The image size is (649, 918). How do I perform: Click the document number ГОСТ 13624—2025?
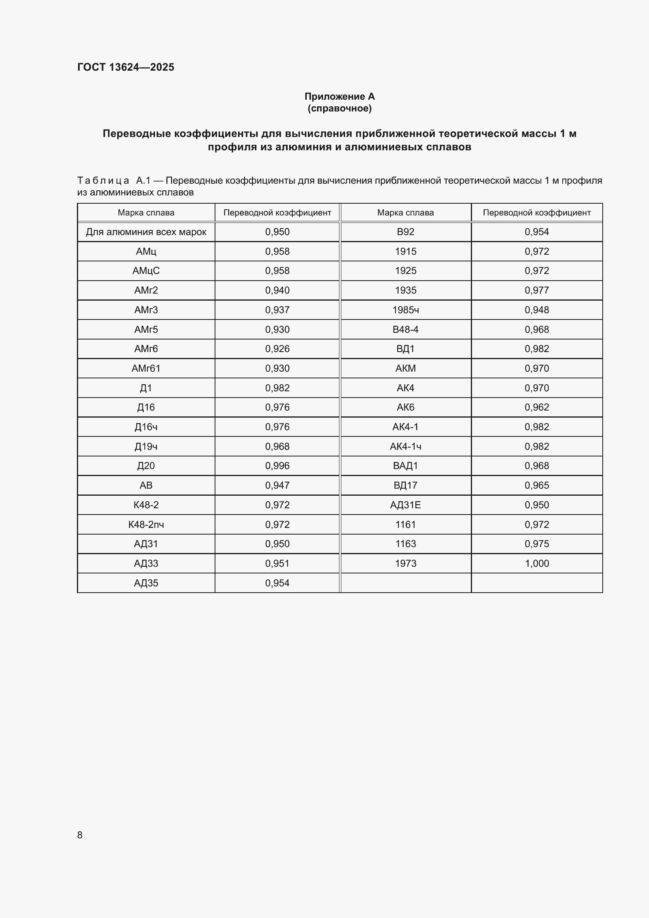pos(126,67)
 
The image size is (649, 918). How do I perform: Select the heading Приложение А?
pos(339,97)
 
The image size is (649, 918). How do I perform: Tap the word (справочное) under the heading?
pos(339,108)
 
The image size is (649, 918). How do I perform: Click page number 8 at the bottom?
pos(80,835)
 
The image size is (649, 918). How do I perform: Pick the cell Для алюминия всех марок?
pos(146,232)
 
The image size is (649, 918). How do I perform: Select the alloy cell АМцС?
pos(146,271)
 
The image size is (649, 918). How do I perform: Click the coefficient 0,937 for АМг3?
pos(277,310)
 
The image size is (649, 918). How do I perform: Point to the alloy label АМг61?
pos(146,368)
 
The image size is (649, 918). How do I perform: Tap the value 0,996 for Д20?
pos(277,466)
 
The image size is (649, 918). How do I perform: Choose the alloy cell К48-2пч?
pos(146,525)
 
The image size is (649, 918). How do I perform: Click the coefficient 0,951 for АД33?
pos(277,563)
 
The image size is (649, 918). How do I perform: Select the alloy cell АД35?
pos(146,583)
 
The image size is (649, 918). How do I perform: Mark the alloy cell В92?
pos(405,232)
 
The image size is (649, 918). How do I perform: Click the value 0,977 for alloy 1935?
pos(536,290)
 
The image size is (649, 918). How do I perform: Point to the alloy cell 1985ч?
pos(405,310)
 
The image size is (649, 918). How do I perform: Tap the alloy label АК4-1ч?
pos(405,446)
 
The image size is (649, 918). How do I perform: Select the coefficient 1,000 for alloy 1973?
pos(536,563)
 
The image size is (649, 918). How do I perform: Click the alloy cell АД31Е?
pos(405,505)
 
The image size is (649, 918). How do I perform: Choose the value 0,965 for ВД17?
pos(536,485)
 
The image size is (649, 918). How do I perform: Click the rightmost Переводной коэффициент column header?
pos(536,213)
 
